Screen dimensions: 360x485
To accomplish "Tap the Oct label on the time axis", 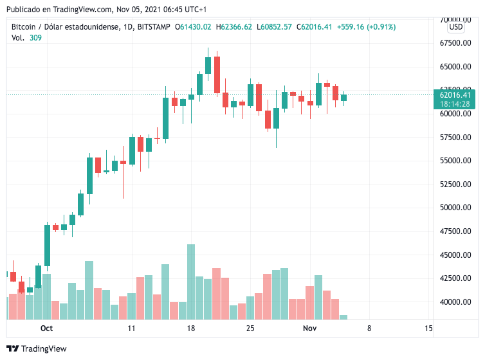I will click(x=46, y=328).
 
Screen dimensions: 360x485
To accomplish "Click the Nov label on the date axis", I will click(x=310, y=328).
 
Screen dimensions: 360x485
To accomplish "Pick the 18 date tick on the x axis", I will click(x=191, y=328).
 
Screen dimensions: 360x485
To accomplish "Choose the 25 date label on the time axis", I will click(x=250, y=328).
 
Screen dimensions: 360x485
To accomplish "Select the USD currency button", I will click(x=456, y=26).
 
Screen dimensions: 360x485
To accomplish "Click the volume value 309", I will click(x=36, y=39).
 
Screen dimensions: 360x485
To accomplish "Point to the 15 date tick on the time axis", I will click(x=428, y=328).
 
